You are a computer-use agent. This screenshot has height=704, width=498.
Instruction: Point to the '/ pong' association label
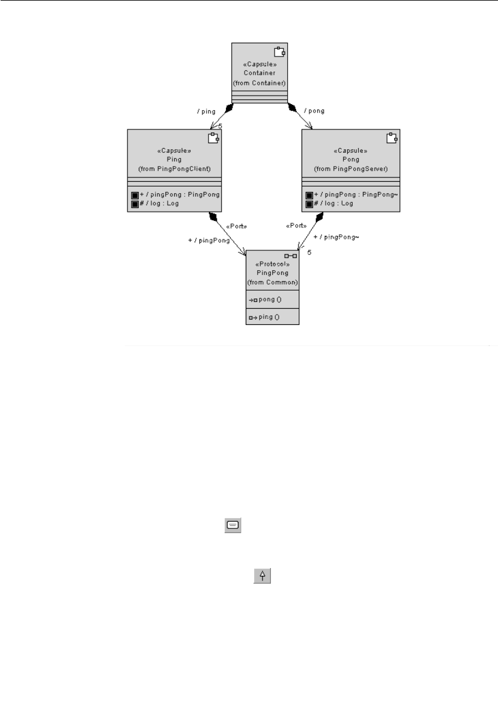pyautogui.click(x=314, y=111)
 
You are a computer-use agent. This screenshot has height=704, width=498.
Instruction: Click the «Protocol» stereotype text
pyautogui.click(x=273, y=265)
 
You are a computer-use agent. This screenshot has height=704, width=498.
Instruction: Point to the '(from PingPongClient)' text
pyautogui.click(x=174, y=168)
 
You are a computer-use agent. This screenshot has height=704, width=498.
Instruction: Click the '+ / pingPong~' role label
pyautogui.click(x=336, y=237)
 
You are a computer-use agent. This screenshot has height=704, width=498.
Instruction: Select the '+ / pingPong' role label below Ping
pyautogui.click(x=209, y=240)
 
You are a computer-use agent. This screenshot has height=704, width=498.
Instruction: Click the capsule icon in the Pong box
pyautogui.click(x=391, y=138)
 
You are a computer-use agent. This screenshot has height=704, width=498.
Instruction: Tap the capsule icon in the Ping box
pyautogui.click(x=212, y=138)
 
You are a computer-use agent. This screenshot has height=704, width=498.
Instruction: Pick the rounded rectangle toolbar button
pyautogui.click(x=232, y=525)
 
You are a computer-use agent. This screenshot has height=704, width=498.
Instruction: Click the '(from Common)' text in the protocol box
pyautogui.click(x=273, y=282)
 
